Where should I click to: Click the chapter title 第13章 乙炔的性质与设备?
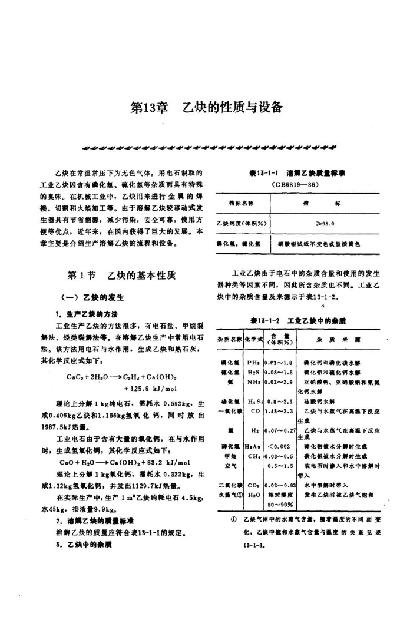(207, 108)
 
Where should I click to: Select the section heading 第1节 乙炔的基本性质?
(121, 277)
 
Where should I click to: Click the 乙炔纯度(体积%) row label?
(242, 224)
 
